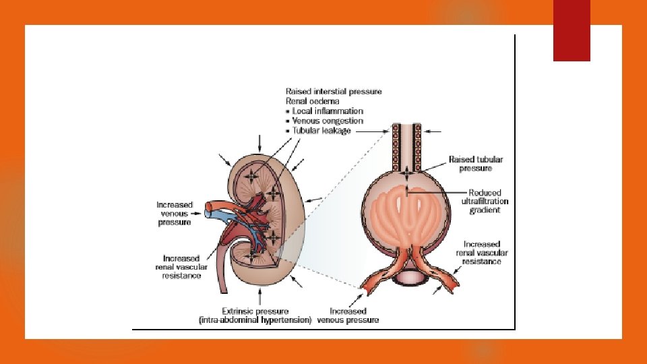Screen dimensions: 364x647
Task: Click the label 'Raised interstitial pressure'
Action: (x=333, y=92)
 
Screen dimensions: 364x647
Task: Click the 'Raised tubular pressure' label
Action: (x=476, y=164)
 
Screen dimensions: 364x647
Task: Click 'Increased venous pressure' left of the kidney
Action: (x=175, y=213)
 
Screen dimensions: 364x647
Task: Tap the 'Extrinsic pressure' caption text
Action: (x=258, y=311)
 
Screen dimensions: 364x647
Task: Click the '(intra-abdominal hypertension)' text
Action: (x=255, y=320)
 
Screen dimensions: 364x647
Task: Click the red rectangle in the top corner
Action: (x=572, y=30)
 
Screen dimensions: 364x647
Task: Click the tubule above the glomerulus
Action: (x=407, y=145)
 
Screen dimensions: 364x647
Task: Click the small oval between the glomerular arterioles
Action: (x=407, y=276)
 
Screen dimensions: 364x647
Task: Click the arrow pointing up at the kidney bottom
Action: (x=260, y=295)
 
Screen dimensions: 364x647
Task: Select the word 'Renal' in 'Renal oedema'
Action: (x=297, y=101)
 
